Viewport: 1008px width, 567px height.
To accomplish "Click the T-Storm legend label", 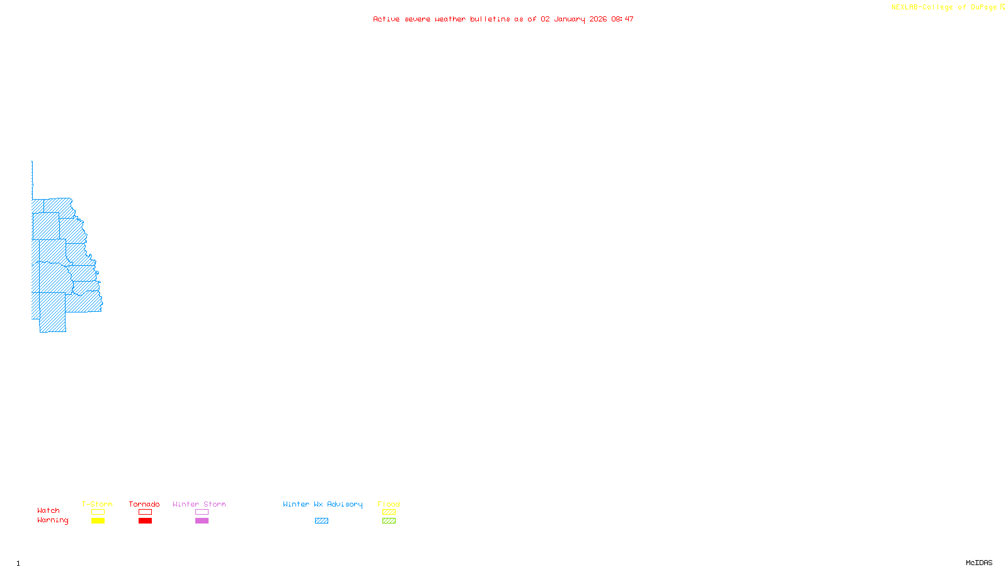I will click(97, 504).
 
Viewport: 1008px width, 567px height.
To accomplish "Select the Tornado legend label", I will click(144, 504).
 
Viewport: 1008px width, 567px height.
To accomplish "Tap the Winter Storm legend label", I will click(199, 504).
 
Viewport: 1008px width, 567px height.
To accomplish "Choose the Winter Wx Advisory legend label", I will click(323, 504).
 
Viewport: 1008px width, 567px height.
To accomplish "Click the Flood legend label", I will click(389, 504).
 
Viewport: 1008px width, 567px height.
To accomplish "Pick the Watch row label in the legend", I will click(49, 510).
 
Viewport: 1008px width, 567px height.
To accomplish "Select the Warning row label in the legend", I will click(53, 520).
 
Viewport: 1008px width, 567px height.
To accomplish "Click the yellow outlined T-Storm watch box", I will click(98, 512).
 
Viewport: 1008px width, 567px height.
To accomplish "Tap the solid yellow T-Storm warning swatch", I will click(98, 521).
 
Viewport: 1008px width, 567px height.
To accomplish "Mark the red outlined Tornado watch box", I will click(145, 512).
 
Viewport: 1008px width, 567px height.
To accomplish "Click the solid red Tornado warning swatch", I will click(145, 521).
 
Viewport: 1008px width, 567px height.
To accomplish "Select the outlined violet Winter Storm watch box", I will click(202, 512).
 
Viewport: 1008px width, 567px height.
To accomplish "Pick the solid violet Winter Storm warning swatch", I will click(202, 521).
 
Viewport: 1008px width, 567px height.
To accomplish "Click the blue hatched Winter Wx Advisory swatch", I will click(321, 521).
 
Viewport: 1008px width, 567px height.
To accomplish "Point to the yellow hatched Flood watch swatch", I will click(389, 512).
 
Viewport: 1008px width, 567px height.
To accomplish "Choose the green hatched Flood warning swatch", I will click(389, 521).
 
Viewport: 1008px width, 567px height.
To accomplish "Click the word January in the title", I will click(570, 19).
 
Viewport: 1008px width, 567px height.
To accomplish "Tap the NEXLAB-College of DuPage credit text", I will click(944, 8).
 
